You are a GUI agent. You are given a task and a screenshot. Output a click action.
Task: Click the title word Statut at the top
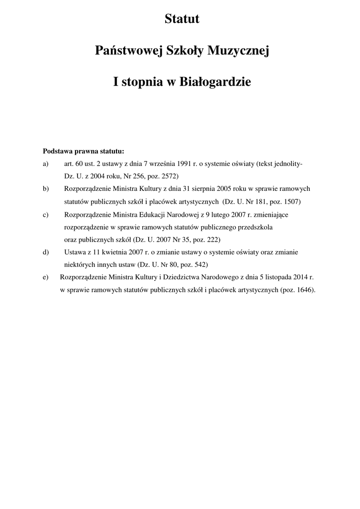click(182, 19)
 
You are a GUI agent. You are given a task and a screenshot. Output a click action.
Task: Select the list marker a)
click(46, 164)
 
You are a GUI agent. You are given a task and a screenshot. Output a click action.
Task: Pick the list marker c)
click(46, 215)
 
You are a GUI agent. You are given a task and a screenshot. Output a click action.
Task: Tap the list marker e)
click(46, 278)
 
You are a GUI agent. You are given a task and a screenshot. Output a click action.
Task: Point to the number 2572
click(168, 176)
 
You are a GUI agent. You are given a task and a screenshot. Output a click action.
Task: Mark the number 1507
click(291, 202)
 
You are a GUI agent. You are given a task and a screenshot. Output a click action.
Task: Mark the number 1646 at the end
click(304, 290)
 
